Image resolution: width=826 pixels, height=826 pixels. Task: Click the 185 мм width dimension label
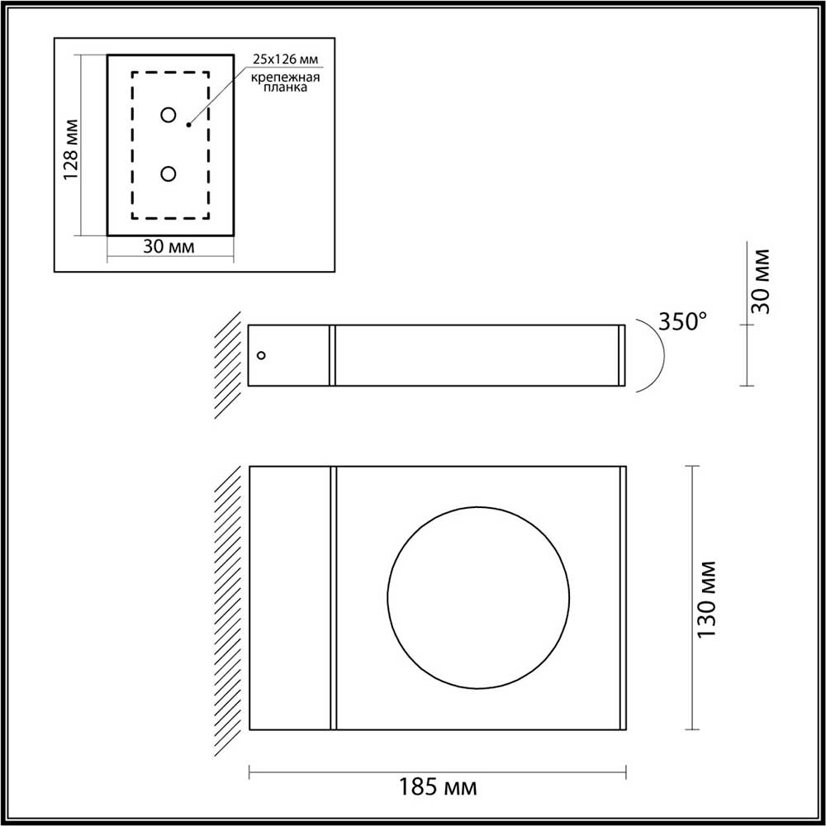(x=439, y=785)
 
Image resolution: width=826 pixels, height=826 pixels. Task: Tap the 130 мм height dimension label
(x=706, y=599)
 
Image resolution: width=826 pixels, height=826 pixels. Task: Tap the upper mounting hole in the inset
(x=169, y=115)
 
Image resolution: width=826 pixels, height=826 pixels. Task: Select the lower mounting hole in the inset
(x=169, y=173)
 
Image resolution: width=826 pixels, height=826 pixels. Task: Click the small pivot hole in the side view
(x=262, y=355)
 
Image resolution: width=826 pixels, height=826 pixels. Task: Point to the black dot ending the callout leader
(x=189, y=125)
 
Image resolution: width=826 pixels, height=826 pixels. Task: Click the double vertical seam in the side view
(x=332, y=355)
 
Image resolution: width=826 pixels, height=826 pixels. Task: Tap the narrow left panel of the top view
(x=289, y=599)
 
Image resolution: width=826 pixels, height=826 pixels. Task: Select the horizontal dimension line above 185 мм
(x=438, y=773)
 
